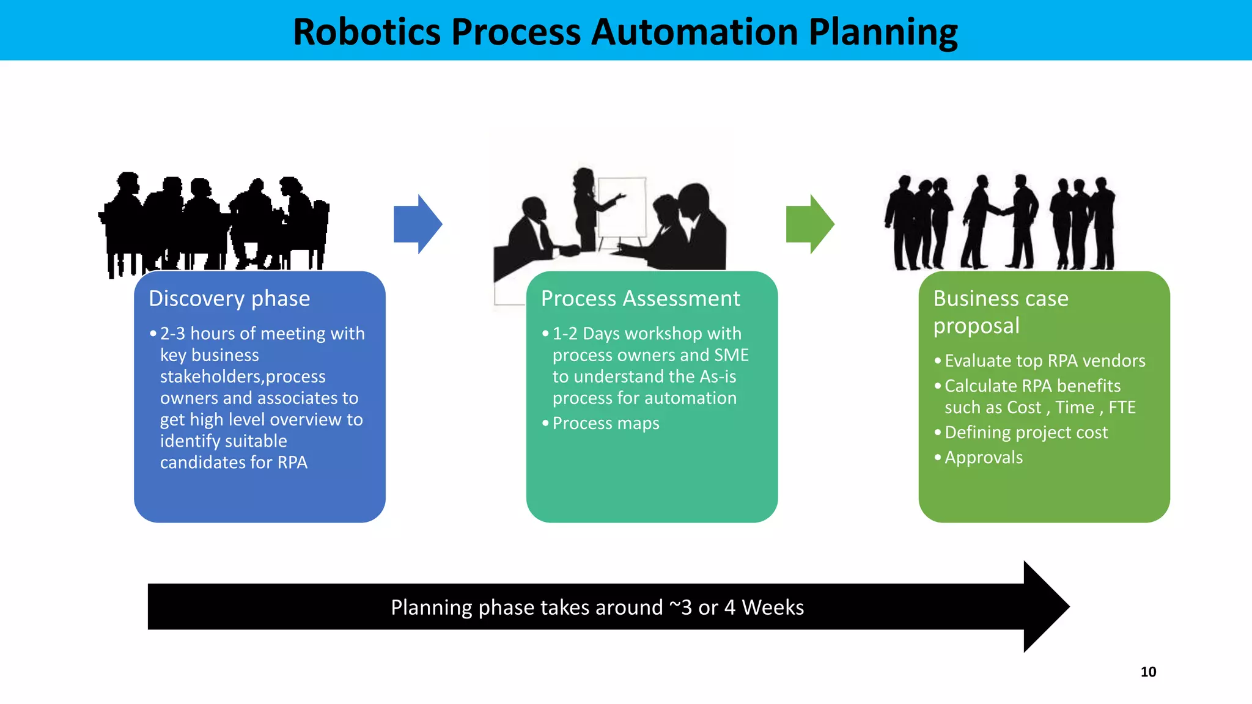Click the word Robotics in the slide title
(366, 32)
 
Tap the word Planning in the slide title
(883, 32)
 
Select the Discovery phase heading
(229, 298)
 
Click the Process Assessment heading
(640, 298)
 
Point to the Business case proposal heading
(1001, 312)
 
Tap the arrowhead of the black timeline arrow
(1045, 606)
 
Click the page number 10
(1148, 672)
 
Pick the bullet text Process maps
(606, 423)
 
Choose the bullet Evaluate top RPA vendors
(1045, 361)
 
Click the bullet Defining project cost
(1026, 432)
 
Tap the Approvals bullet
(984, 457)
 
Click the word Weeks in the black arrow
(773, 607)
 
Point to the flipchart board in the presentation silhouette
(622, 207)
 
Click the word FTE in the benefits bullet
(1122, 407)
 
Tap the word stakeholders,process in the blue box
(243, 376)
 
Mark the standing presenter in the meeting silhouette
(587, 208)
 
